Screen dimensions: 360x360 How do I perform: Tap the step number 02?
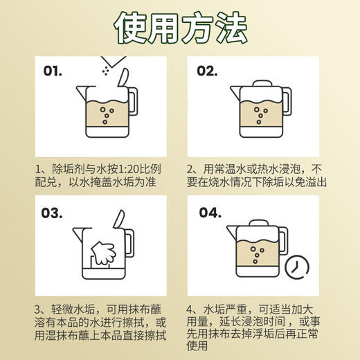click(x=209, y=71)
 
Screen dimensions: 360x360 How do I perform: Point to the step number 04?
click(x=210, y=213)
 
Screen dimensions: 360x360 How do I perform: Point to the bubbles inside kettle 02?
click(x=260, y=116)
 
